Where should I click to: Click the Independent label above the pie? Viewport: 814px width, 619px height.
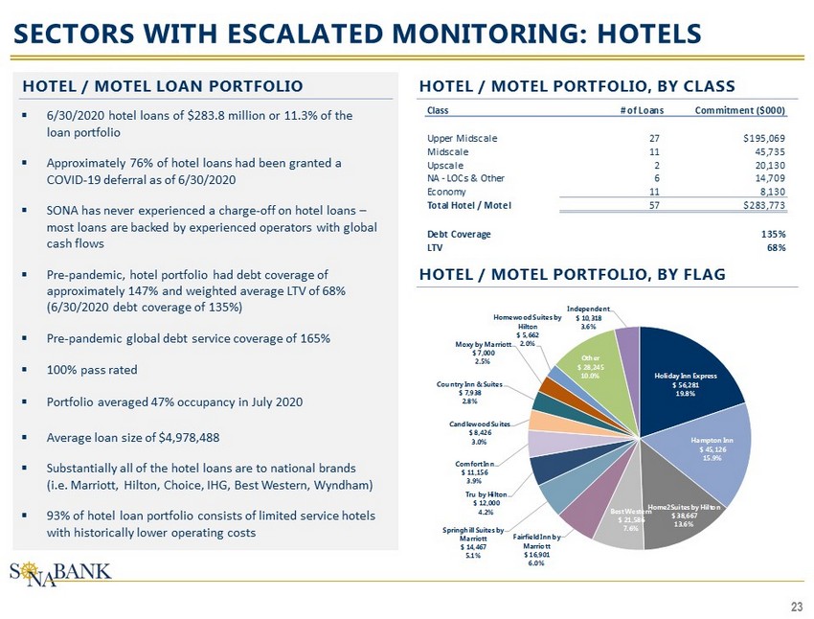click(x=584, y=317)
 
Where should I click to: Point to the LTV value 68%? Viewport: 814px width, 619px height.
click(x=777, y=247)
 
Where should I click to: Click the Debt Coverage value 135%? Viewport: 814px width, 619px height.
click(x=774, y=234)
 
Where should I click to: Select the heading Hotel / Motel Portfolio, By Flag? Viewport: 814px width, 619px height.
click(x=572, y=275)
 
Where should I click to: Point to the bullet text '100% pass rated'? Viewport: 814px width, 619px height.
click(x=92, y=369)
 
